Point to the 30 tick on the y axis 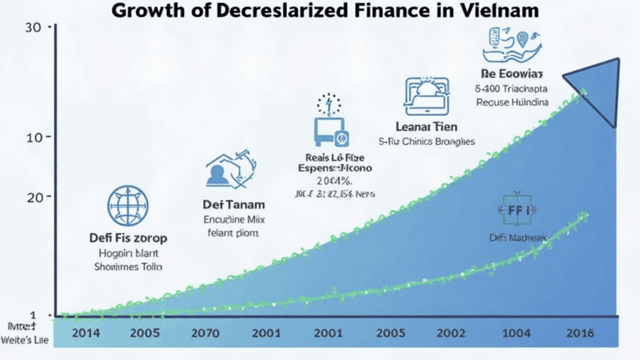[x=34, y=27]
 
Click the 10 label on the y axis [x=34, y=137]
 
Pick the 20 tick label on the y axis [x=34, y=197]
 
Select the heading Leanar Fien [x=426, y=126]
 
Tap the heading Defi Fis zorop [x=127, y=237]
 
